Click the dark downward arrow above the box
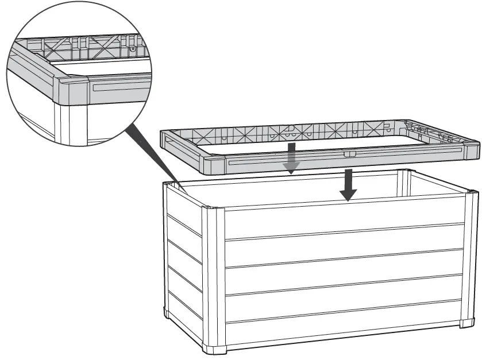tap(346, 185)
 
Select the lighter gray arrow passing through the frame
tap(292, 158)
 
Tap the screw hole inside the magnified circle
tap(133, 49)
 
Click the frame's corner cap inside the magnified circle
tap(72, 91)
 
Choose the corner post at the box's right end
tap(469, 258)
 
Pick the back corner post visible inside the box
tap(404, 183)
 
